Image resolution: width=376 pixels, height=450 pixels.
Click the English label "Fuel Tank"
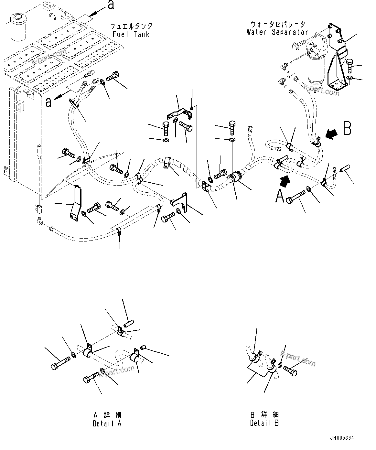pyautogui.click(x=131, y=34)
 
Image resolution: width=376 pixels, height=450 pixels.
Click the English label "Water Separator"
pyautogui.click(x=277, y=32)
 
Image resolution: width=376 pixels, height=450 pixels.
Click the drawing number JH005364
pyautogui.click(x=342, y=438)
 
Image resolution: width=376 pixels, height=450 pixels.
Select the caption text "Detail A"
pyautogui.click(x=107, y=423)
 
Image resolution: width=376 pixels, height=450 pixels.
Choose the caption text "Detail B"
pyautogui.click(x=264, y=423)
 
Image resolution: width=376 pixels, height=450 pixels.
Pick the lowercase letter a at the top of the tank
pyautogui.click(x=111, y=5)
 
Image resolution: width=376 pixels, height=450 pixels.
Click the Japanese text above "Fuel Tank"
pyautogui.click(x=131, y=26)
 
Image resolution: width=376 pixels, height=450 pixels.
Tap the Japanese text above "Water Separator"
pyautogui.click(x=277, y=24)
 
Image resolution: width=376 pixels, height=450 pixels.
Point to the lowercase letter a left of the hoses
pyautogui.click(x=48, y=102)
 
